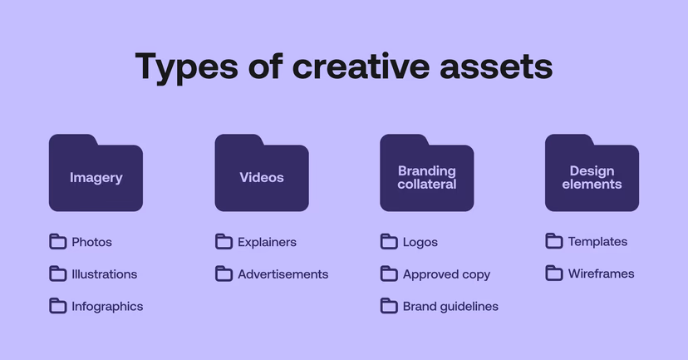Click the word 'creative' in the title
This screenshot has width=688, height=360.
coord(361,67)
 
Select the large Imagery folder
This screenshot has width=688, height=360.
coord(96,174)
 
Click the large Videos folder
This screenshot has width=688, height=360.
coord(262,174)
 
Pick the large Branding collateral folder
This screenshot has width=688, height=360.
coord(426,174)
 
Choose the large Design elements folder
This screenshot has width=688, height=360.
coord(592,174)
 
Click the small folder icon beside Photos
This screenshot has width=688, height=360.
coord(57,242)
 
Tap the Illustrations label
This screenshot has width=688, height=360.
coord(104,274)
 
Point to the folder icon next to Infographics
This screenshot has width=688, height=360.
coord(57,306)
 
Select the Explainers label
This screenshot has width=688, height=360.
coord(267,242)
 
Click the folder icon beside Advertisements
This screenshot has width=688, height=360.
coord(224,274)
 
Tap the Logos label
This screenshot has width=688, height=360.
coord(420,242)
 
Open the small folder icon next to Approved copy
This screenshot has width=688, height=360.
coord(389,274)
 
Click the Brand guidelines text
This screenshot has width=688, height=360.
coord(450,306)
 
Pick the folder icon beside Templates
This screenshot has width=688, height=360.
coord(554,241)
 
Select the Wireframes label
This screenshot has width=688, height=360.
coord(601,274)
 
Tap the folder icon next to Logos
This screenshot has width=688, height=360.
coord(389,242)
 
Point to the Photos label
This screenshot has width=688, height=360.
coord(91,242)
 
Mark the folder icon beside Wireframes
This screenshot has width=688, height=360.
coord(554,273)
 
